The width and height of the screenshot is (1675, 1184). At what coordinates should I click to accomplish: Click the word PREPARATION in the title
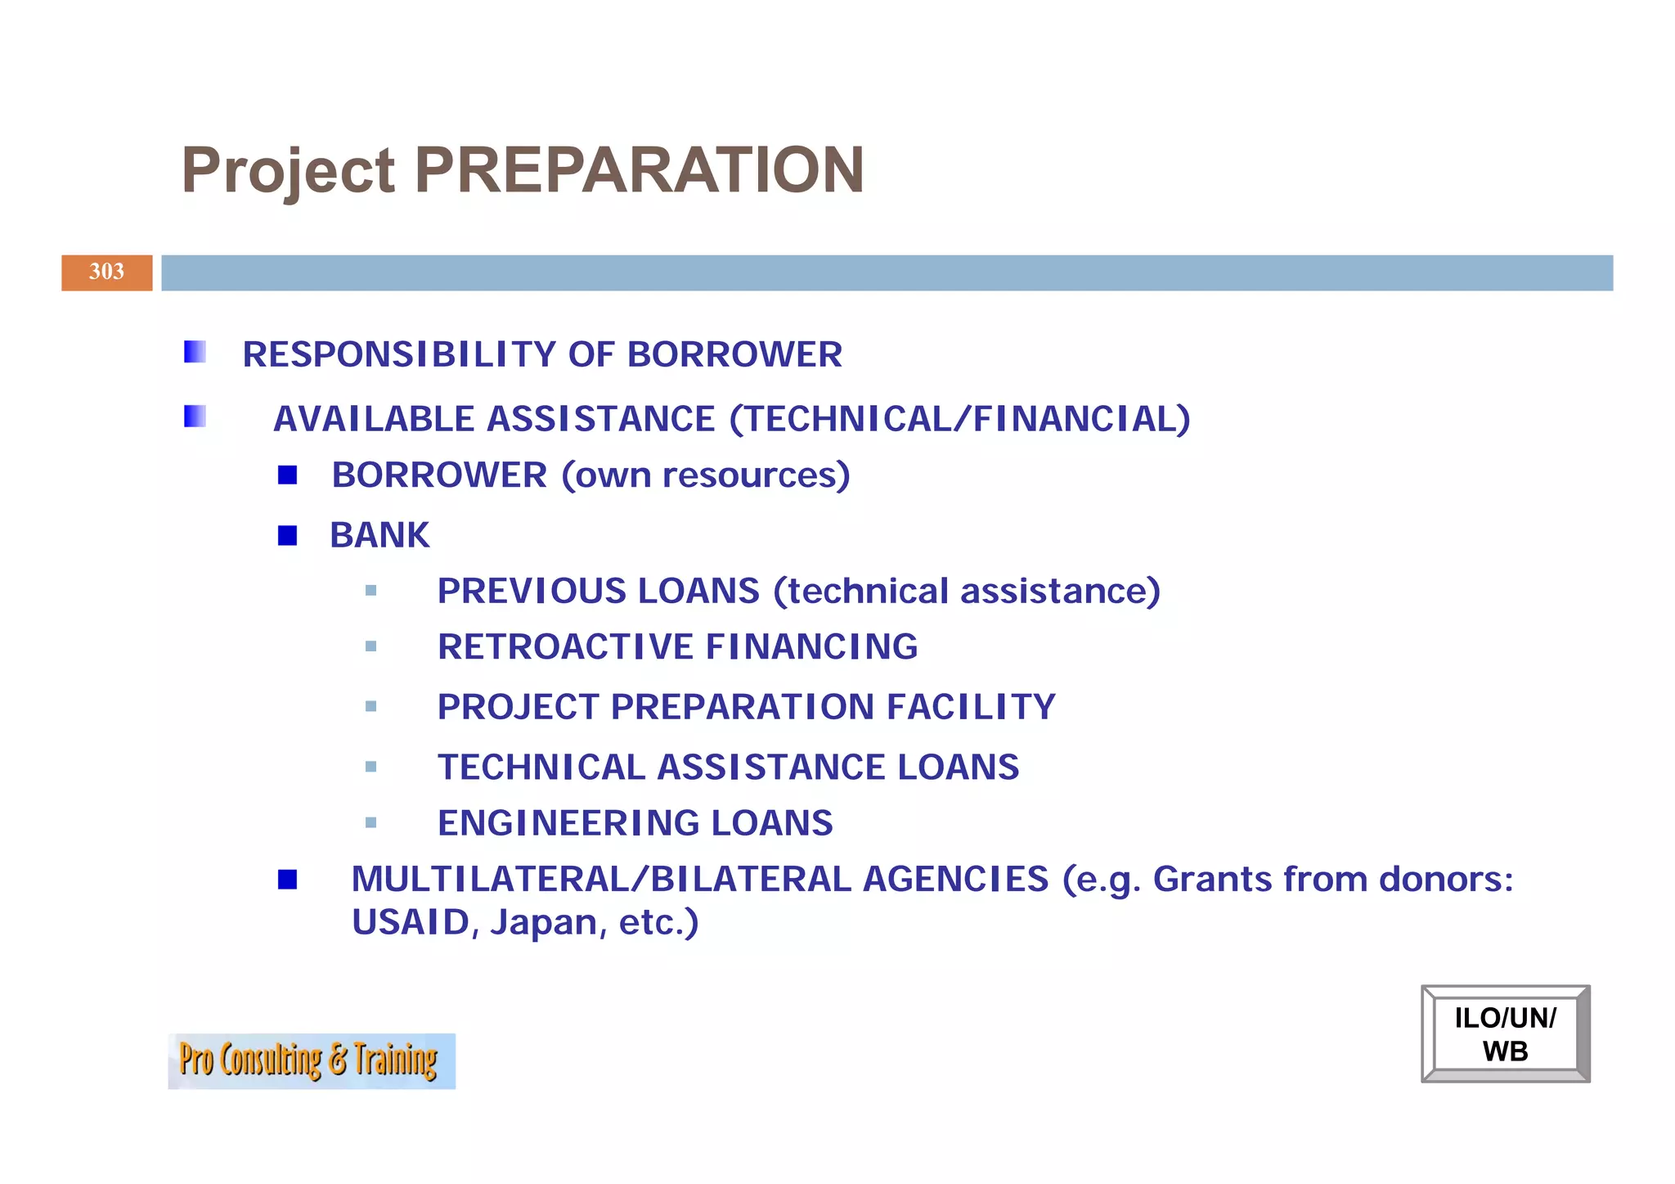point(639,170)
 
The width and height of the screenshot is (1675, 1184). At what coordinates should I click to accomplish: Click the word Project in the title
point(288,172)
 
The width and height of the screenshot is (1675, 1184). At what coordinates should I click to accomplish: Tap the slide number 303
point(106,272)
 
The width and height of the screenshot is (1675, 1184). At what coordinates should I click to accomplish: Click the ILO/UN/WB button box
point(1505,1034)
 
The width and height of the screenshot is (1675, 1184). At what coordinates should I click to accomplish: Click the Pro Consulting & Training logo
point(311,1060)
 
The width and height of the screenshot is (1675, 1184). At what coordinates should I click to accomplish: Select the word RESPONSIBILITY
point(399,354)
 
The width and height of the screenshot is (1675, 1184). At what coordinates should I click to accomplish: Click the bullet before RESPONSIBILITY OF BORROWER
point(195,352)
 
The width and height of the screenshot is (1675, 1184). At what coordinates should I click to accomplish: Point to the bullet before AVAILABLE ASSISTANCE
point(195,416)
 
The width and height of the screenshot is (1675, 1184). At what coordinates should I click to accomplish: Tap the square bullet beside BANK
point(287,535)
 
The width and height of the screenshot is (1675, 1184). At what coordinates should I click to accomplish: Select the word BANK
point(379,536)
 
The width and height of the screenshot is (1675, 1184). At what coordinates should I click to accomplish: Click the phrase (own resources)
point(706,475)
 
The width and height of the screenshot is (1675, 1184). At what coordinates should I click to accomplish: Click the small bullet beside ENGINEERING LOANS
point(371,822)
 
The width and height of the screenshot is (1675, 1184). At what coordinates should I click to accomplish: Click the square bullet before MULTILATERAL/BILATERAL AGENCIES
point(287,880)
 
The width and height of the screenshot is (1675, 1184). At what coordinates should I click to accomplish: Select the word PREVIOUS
point(532,591)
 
